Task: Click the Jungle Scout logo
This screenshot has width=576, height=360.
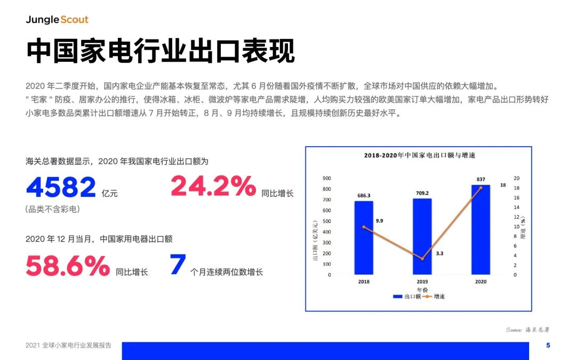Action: (x=57, y=20)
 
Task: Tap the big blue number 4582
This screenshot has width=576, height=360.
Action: (x=61, y=187)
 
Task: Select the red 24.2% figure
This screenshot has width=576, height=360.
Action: (x=213, y=186)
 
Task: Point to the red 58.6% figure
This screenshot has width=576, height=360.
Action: (x=68, y=265)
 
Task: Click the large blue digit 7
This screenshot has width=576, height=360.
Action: (x=178, y=264)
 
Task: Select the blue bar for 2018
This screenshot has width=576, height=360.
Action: (x=364, y=238)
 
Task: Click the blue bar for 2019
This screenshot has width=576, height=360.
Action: (x=422, y=237)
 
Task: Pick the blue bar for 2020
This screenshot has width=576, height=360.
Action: (x=481, y=229)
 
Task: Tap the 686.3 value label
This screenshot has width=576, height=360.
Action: (x=364, y=195)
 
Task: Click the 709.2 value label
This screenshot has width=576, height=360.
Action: (x=422, y=193)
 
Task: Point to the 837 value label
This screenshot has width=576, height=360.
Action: (x=481, y=179)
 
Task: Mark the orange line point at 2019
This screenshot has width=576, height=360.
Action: (x=422, y=259)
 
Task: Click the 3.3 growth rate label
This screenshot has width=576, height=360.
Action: (x=439, y=253)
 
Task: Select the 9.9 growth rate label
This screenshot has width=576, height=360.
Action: (x=380, y=221)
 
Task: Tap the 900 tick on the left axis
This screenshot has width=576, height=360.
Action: (x=326, y=178)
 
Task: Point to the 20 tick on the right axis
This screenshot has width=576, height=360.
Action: (x=516, y=178)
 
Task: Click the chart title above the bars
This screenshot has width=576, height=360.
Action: (x=420, y=155)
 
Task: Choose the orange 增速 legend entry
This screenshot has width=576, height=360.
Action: (x=434, y=297)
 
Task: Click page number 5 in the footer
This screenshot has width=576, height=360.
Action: (x=548, y=345)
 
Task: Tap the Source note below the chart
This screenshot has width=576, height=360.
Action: (x=527, y=330)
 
